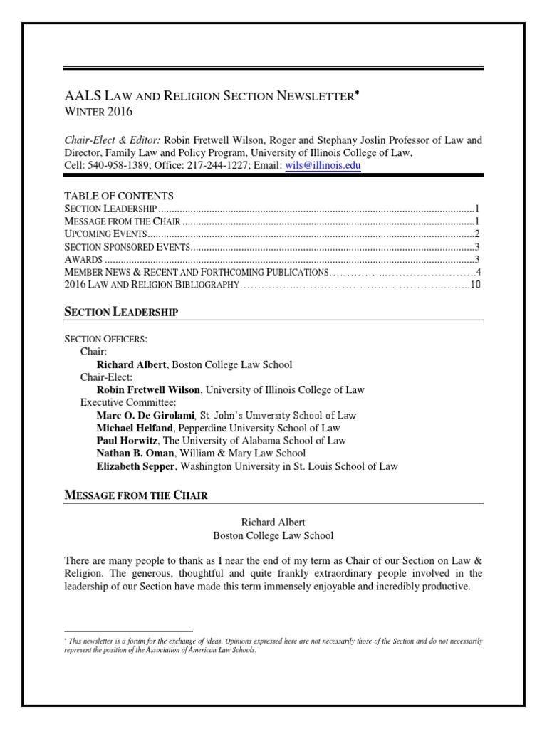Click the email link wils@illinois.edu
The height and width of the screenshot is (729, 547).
323,165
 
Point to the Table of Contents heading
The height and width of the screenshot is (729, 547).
119,196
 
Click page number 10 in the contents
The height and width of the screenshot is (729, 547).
477,285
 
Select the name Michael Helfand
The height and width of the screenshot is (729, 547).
135,428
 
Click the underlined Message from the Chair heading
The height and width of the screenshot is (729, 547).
136,495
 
